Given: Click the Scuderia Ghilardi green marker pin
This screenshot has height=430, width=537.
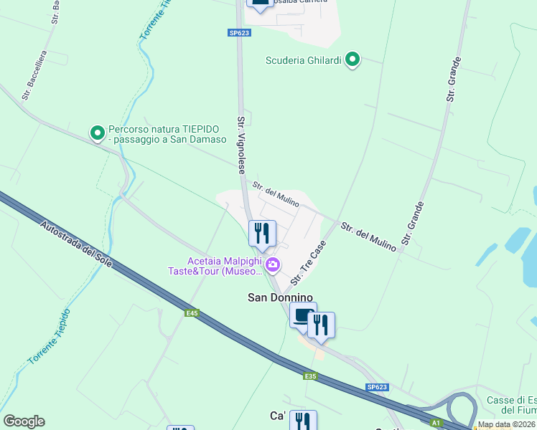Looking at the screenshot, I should click(x=352, y=60).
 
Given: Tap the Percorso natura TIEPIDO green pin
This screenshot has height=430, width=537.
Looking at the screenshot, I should click(x=97, y=133).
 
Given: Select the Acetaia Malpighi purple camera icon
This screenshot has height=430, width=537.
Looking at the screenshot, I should click(x=273, y=266).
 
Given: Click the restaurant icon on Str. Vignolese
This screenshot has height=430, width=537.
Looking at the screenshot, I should click(x=262, y=234).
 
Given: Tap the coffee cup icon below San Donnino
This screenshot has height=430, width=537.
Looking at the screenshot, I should click(x=302, y=315).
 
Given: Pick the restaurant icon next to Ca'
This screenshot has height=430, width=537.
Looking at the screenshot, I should click(x=303, y=421).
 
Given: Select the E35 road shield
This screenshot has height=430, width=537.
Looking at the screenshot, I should click(x=309, y=376).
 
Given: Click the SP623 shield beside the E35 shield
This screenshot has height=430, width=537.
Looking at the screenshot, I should click(x=377, y=387).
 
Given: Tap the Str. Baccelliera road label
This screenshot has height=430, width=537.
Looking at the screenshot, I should click(x=34, y=75).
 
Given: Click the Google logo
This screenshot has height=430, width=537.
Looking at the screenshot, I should click(x=24, y=421).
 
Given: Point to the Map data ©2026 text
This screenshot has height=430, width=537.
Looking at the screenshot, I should click(x=506, y=424).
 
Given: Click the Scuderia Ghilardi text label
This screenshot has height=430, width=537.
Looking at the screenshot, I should click(x=304, y=60).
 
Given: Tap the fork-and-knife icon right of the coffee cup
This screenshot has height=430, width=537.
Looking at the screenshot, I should click(x=321, y=325).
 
